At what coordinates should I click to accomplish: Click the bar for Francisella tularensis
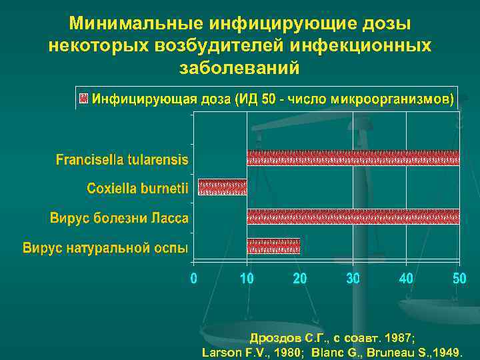pos(353,158)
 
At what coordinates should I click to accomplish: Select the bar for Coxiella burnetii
pos(223,187)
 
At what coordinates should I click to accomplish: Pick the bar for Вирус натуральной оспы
pos(273,247)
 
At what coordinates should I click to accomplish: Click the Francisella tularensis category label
pos(122,160)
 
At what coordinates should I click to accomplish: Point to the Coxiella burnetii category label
pos(138,189)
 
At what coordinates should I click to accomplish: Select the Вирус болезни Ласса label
pos(119,219)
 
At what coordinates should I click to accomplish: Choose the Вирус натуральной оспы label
pos(106,248)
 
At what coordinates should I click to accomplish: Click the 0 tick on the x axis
pos(193,279)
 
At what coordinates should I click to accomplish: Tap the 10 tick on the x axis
pos(247,279)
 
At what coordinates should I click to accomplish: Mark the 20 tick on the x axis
pos(300,279)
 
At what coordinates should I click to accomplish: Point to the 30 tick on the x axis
pos(353,279)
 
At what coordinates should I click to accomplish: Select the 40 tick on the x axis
pos(406,279)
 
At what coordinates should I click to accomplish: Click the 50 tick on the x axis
pos(459,279)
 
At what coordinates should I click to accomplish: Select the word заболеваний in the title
pos(240,68)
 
